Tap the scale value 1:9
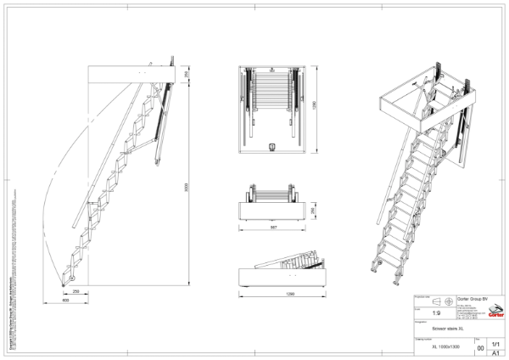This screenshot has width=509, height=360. click(437, 312)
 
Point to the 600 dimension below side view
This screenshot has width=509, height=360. click(65, 300)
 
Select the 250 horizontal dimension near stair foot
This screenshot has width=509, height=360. click(76, 291)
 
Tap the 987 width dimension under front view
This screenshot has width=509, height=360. click(271, 228)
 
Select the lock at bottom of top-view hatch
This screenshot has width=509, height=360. click(271, 145)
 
